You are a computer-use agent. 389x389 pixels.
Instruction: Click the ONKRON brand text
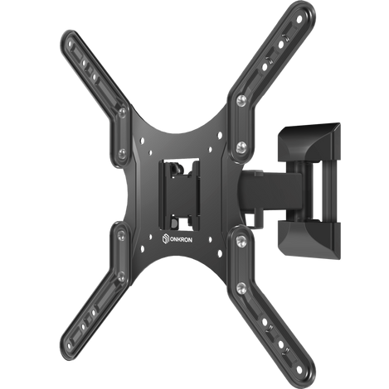181,240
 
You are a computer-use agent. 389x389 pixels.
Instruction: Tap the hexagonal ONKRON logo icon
165,238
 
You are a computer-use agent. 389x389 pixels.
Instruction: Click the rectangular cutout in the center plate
179,194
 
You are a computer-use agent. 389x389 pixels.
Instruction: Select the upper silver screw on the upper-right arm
241,100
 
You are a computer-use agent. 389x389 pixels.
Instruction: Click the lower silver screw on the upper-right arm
241,147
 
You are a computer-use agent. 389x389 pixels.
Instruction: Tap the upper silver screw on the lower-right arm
241,241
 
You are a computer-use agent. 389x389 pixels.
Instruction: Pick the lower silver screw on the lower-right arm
241,287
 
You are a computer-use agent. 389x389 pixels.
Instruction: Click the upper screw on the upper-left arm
122,113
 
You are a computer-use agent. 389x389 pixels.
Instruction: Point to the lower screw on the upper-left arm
122,153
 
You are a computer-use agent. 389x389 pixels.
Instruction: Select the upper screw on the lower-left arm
121,235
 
